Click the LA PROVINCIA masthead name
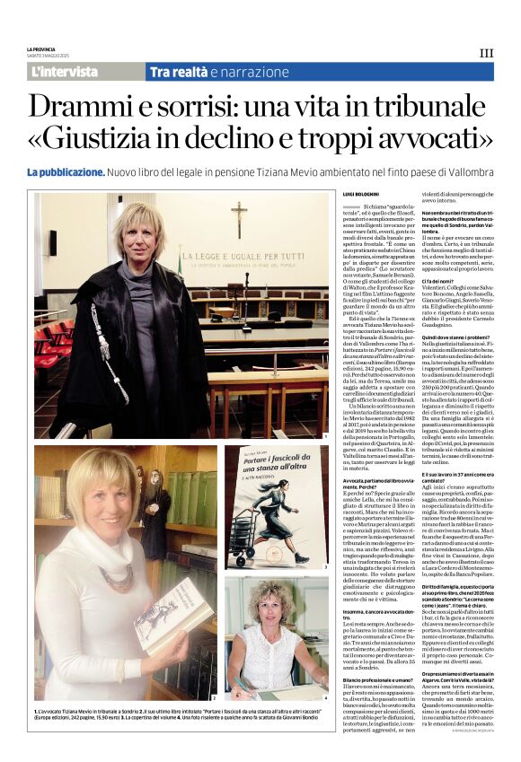click(x=41, y=48)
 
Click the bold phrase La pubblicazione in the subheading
click(x=66, y=171)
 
